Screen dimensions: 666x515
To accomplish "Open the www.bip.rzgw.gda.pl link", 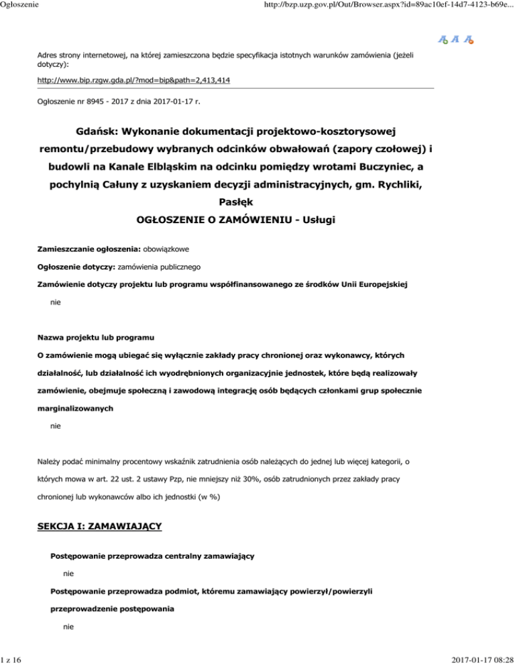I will (x=137, y=80).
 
